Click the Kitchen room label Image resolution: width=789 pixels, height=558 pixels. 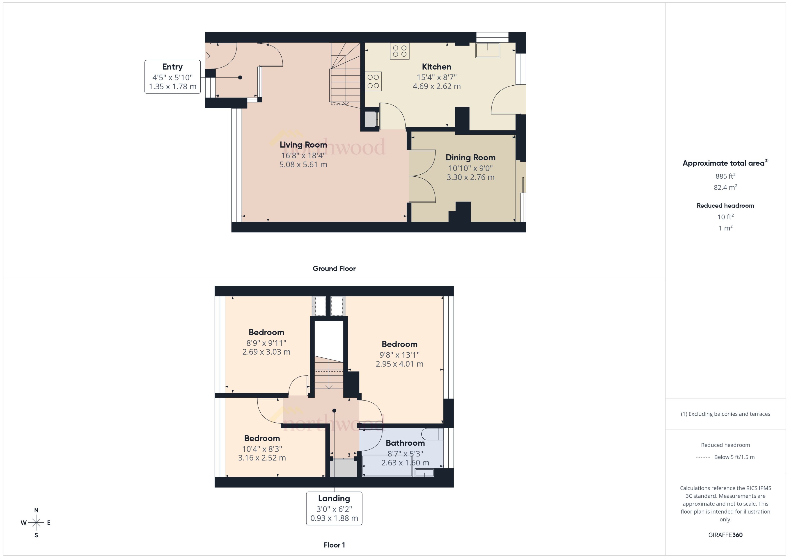(x=436, y=67)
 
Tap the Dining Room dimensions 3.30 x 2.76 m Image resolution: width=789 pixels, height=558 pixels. (x=470, y=177)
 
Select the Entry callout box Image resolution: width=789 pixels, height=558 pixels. (x=172, y=77)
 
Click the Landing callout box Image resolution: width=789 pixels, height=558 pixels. (x=334, y=508)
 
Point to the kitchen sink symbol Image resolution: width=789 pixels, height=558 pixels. (x=487, y=50)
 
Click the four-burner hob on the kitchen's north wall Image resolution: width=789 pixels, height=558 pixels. (x=399, y=51)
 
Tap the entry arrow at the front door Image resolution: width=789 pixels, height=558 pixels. (x=207, y=55)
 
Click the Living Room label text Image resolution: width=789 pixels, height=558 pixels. (x=303, y=145)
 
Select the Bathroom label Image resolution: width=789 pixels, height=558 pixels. (x=405, y=443)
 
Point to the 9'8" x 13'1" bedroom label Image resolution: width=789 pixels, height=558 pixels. (x=399, y=344)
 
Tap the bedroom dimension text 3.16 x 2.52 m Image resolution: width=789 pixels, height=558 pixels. (x=262, y=458)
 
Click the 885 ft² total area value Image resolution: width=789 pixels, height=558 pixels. (x=725, y=176)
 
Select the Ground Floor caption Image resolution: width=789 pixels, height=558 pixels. (x=334, y=268)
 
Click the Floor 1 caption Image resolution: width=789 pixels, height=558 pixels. (x=334, y=545)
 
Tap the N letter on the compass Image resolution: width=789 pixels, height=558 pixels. (x=36, y=510)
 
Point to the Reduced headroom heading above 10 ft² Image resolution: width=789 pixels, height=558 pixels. (x=725, y=205)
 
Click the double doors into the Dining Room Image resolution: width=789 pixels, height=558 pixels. (x=422, y=176)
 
